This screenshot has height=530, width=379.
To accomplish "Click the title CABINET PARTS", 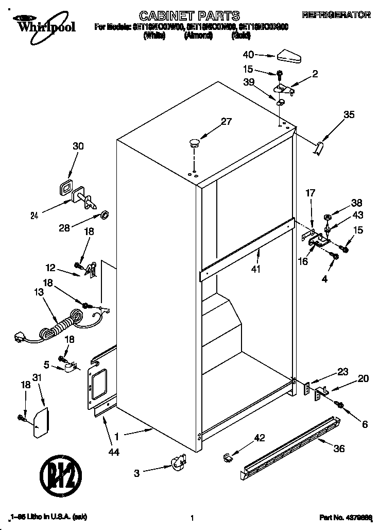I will click(x=190, y=15).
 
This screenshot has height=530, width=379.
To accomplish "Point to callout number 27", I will click(x=227, y=122).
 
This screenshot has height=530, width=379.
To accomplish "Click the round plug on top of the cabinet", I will click(x=195, y=143).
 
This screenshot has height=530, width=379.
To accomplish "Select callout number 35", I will click(x=349, y=115).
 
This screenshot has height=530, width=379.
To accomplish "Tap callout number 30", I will click(x=78, y=146).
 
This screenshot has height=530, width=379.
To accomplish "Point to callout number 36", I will click(x=338, y=449).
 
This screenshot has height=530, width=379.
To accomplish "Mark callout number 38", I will click(x=356, y=203).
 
